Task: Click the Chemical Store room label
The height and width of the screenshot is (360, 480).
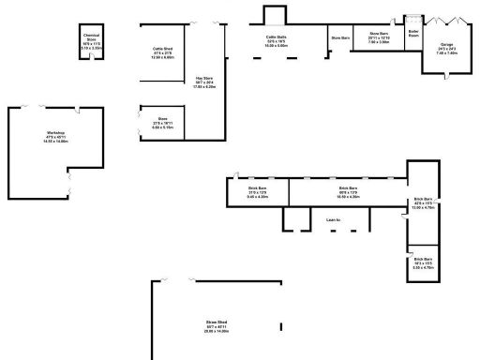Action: tap(92, 40)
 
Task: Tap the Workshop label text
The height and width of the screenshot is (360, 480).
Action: tap(55, 137)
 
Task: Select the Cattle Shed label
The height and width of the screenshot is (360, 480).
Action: tap(163, 52)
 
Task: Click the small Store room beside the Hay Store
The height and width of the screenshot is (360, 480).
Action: tap(162, 122)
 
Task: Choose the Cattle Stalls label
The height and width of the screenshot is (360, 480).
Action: tap(276, 41)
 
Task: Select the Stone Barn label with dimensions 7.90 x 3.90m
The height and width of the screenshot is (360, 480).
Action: tap(379, 38)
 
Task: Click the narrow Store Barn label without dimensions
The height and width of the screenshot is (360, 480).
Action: tap(339, 37)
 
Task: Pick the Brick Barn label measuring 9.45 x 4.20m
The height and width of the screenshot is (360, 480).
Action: tap(258, 193)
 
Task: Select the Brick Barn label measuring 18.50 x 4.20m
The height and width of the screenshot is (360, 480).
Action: tap(348, 193)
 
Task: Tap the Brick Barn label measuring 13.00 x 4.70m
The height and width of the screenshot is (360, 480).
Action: tap(423, 203)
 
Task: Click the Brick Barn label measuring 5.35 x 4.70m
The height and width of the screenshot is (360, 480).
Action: tap(423, 262)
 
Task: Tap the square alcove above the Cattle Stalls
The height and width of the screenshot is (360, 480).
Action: tap(274, 14)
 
